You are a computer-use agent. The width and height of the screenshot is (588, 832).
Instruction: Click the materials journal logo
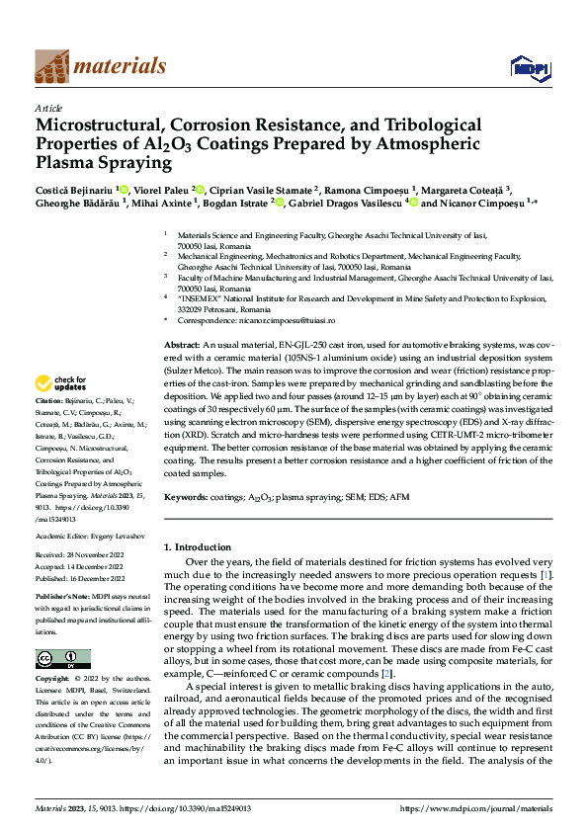(x=100, y=66)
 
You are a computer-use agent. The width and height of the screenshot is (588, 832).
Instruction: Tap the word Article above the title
(x=48, y=108)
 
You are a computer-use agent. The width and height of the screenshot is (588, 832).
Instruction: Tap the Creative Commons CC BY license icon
(x=62, y=659)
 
